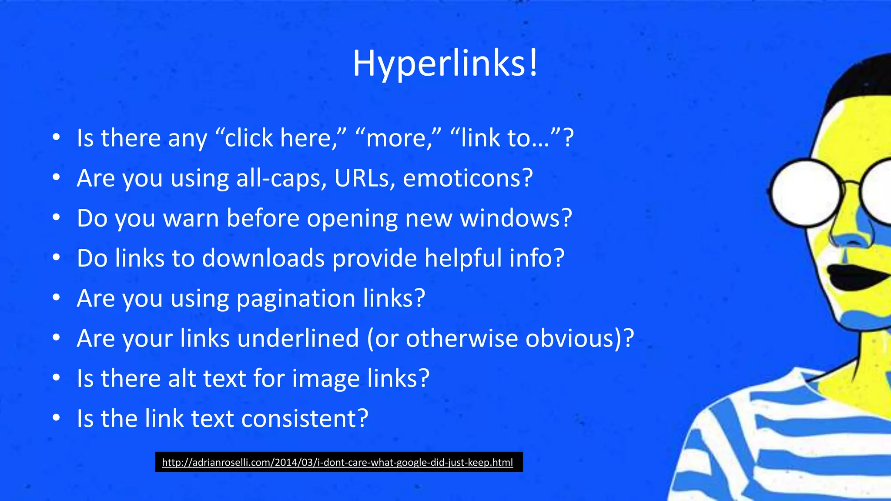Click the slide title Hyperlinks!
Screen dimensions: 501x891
tap(445, 63)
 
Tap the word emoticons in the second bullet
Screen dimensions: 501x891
tap(468, 178)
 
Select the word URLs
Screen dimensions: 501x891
tap(364, 178)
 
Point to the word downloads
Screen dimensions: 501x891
tap(263, 258)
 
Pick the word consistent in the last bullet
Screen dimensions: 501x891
tap(305, 418)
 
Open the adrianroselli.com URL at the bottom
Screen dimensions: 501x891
tap(338, 462)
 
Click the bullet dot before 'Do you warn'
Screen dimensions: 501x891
tap(56, 218)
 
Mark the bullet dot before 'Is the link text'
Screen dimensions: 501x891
tap(56, 418)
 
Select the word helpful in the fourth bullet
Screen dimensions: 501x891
tap(463, 258)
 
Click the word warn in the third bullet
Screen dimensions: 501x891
tap(191, 218)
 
